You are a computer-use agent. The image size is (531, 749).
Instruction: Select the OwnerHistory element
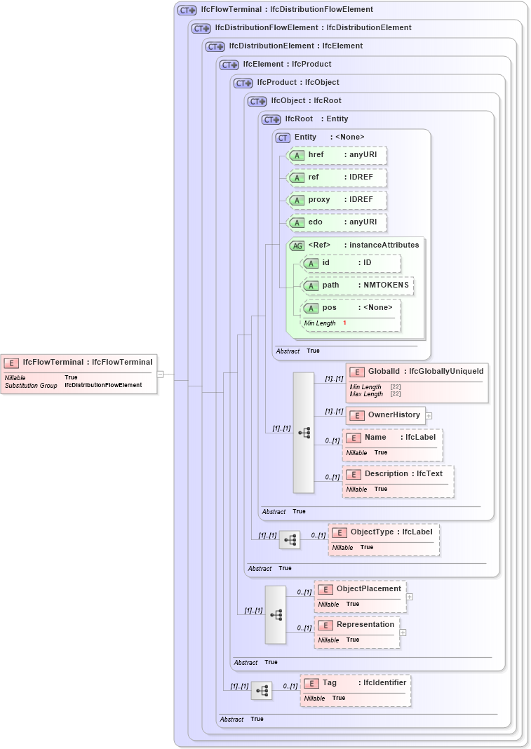[385, 415]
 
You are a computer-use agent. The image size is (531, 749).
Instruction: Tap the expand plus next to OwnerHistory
[429, 416]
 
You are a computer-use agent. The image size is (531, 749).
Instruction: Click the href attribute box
[337, 155]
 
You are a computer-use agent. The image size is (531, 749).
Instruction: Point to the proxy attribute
[337, 200]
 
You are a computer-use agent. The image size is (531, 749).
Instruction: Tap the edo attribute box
[337, 222]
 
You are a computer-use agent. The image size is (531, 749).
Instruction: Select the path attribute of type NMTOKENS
[357, 285]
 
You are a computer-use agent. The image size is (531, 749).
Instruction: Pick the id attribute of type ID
[350, 263]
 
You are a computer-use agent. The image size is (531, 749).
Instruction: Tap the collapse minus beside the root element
[160, 374]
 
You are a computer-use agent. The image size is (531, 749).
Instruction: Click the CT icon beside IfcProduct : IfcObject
[243, 83]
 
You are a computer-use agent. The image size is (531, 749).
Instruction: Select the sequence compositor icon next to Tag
[262, 691]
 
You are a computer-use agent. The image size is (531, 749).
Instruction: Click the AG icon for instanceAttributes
[297, 245]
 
